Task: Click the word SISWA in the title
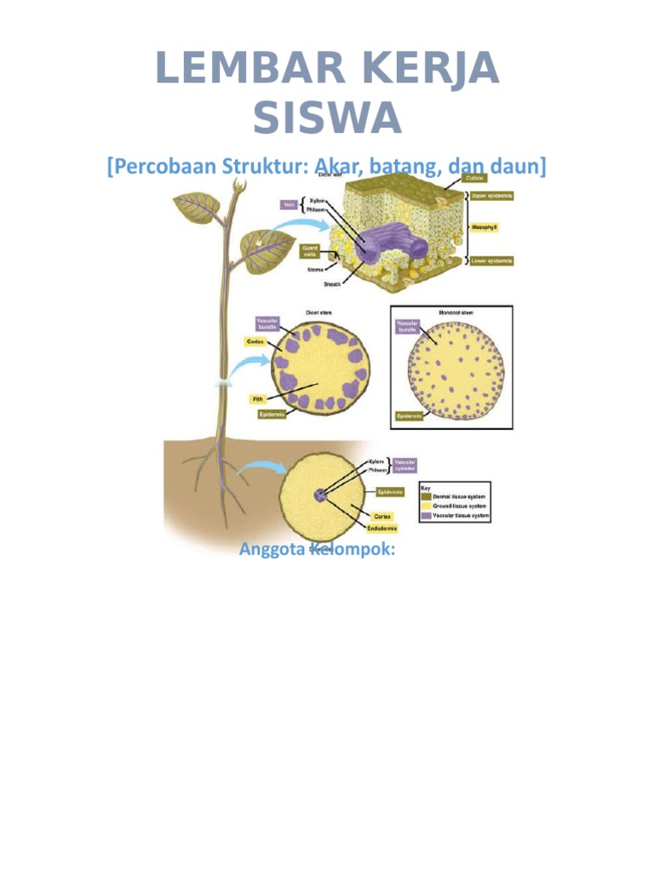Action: (x=327, y=117)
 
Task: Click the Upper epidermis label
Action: (x=493, y=196)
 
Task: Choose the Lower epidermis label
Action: (x=492, y=261)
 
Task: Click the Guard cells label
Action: (x=310, y=251)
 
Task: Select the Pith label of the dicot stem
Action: (x=256, y=398)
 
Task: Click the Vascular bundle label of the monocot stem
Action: (x=407, y=327)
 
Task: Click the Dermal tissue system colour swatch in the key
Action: (x=426, y=496)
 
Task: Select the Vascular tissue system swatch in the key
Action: (x=426, y=516)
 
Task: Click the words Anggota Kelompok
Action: (x=318, y=549)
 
